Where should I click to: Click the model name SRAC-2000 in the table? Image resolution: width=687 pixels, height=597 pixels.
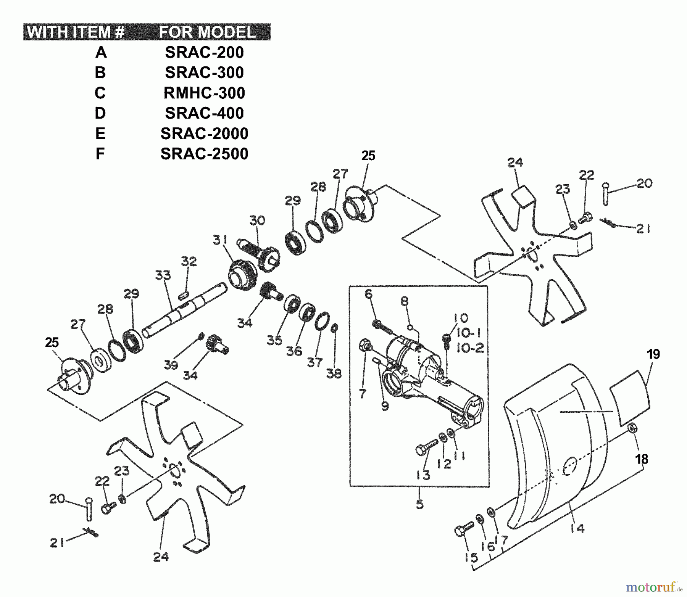click(x=204, y=134)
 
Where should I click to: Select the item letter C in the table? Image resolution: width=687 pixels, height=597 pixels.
click(x=100, y=93)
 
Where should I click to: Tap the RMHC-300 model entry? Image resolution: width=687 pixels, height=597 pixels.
click(x=204, y=93)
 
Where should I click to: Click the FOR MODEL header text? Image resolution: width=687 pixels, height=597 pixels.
click(x=207, y=32)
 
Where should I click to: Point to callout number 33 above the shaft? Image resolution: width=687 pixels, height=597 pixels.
click(x=163, y=275)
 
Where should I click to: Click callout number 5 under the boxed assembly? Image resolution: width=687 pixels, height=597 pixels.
click(x=419, y=504)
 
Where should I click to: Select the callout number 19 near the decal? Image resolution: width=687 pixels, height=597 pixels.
click(x=653, y=354)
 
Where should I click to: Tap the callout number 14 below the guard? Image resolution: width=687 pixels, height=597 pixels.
click(x=578, y=528)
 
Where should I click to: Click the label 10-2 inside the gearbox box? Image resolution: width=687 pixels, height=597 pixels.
click(x=470, y=348)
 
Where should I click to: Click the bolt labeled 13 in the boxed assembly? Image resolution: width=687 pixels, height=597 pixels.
click(x=426, y=447)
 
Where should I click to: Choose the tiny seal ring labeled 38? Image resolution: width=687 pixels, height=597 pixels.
click(x=334, y=328)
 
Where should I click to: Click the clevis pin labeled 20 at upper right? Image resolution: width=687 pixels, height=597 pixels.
click(x=606, y=193)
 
